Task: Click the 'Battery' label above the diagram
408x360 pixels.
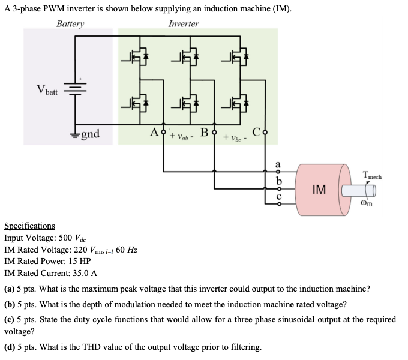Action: coord(70,24)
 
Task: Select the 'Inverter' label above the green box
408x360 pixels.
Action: coord(184,24)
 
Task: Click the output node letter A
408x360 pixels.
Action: coord(155,131)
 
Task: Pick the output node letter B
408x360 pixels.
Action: coord(204,131)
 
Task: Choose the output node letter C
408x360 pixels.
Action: coord(256,131)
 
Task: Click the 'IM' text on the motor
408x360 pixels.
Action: coord(320,190)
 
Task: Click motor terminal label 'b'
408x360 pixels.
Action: coord(277,180)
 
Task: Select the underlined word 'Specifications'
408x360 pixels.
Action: coord(29,226)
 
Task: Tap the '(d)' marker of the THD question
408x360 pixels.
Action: coord(10,347)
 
